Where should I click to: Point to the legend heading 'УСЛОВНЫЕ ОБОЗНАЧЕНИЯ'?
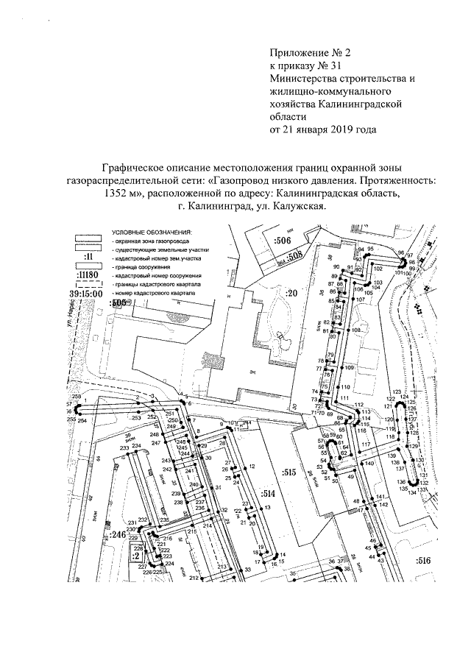(x=146, y=233)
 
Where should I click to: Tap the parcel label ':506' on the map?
(x=283, y=241)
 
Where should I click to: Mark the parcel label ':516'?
(x=422, y=561)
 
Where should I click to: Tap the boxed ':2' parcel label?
(x=136, y=556)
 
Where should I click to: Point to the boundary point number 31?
(x=218, y=487)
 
